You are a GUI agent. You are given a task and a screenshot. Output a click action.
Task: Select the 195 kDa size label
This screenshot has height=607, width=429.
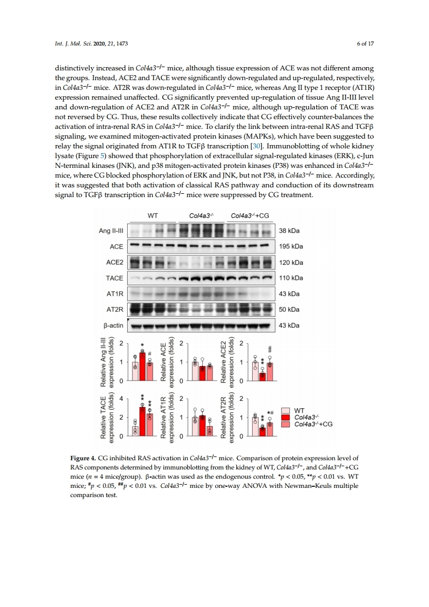(x=290, y=246)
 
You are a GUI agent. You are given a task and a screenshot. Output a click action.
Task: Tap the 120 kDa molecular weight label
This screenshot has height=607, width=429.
(x=290, y=263)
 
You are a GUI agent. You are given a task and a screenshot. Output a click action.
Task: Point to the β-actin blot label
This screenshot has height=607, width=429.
(x=112, y=325)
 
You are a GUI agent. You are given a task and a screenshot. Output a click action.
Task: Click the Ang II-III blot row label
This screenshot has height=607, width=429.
(x=110, y=231)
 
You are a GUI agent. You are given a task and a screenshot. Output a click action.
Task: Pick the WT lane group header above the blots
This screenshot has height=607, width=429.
(x=153, y=216)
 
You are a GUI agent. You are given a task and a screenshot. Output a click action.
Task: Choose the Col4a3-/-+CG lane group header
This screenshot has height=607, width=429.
(x=249, y=216)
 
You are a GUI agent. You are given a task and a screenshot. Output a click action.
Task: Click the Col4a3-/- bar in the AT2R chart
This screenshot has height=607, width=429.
(x=262, y=431)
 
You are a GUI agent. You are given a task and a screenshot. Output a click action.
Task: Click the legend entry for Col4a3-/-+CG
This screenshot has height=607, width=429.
(x=312, y=424)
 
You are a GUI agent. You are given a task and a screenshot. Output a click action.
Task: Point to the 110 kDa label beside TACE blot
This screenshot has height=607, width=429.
(x=290, y=278)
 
